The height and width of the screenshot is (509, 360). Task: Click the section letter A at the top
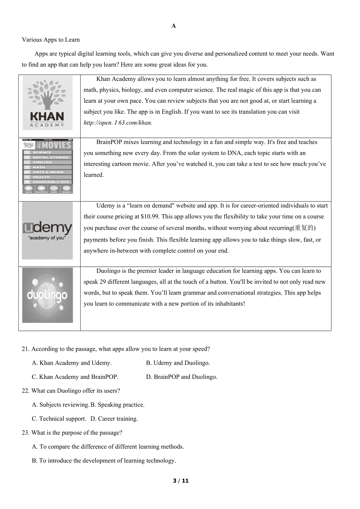[x=174, y=26]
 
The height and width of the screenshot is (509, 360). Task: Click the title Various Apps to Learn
[x=51, y=39]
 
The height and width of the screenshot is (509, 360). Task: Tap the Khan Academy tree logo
[x=47, y=103]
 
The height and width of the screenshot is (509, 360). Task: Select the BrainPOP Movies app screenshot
[x=47, y=166]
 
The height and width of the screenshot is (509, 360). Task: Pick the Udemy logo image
[x=47, y=231]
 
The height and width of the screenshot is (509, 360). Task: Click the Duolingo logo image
[x=47, y=295]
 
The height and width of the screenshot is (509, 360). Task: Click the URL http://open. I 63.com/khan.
[x=118, y=123]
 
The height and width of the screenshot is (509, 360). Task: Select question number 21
[x=26, y=349]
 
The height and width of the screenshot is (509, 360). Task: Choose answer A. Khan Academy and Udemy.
[x=72, y=363]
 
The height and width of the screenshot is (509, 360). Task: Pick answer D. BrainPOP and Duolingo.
[x=182, y=377]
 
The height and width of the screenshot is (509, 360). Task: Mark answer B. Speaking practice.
[x=117, y=405]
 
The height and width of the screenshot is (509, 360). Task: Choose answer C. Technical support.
[x=59, y=419]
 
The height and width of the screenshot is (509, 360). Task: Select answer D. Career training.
[x=114, y=419]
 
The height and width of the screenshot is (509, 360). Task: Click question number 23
[x=26, y=433]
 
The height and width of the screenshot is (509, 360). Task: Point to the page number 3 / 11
[x=181, y=481]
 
